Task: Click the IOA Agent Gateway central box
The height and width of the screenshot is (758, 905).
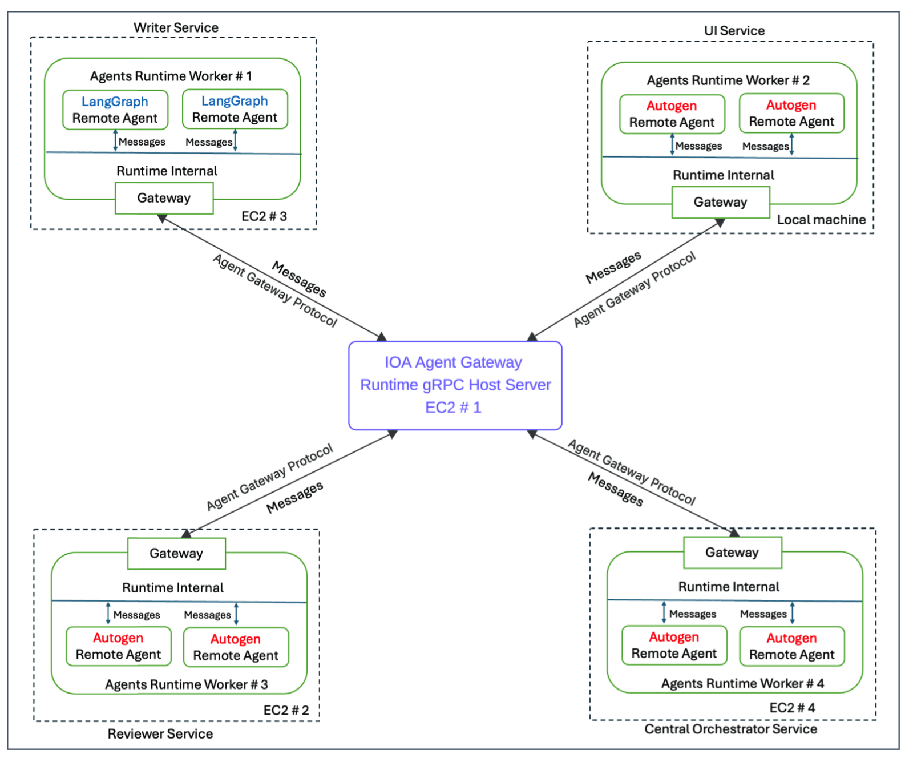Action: (455, 385)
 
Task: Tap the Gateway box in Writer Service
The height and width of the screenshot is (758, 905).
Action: (164, 198)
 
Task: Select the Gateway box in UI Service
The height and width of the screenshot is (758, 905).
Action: (720, 202)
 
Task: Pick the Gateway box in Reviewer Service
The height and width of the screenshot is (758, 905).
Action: (176, 553)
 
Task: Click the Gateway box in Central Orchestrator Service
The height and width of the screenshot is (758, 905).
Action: (732, 552)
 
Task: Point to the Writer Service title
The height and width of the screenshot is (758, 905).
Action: (176, 27)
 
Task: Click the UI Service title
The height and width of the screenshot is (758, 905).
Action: (734, 31)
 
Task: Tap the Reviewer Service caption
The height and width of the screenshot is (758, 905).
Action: (160, 733)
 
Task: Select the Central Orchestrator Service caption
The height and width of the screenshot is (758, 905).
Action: (730, 729)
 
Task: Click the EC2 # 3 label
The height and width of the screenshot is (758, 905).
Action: (264, 216)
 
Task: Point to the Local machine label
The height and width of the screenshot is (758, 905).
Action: (821, 220)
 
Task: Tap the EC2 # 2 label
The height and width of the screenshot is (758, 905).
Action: (286, 710)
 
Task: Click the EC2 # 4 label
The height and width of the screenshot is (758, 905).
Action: (792, 708)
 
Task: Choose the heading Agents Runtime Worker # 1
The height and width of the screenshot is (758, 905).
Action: (171, 76)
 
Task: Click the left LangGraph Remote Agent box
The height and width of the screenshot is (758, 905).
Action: (115, 110)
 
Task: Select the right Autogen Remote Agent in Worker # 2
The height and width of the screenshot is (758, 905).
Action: (791, 113)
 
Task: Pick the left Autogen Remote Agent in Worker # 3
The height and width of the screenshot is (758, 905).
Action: (118, 646)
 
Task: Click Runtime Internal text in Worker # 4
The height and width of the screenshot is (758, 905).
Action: (728, 587)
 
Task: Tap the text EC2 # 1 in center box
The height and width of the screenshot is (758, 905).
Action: (453, 407)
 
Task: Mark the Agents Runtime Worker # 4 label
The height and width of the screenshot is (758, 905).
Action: (742, 683)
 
